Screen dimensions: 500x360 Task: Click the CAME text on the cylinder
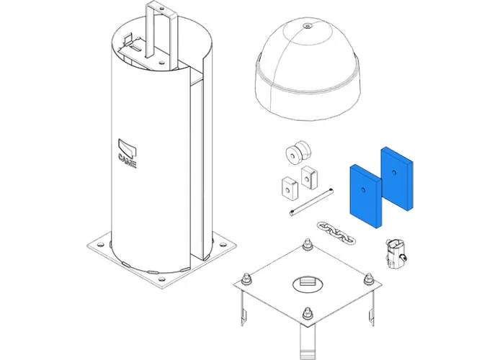[x=128, y=160]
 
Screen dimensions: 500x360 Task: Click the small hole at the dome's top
[x=308, y=25]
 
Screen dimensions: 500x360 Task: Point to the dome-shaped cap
[x=308, y=68]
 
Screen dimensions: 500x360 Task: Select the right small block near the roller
[x=309, y=176]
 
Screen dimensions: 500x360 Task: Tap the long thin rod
[x=312, y=202]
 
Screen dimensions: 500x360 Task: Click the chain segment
[x=336, y=233]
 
